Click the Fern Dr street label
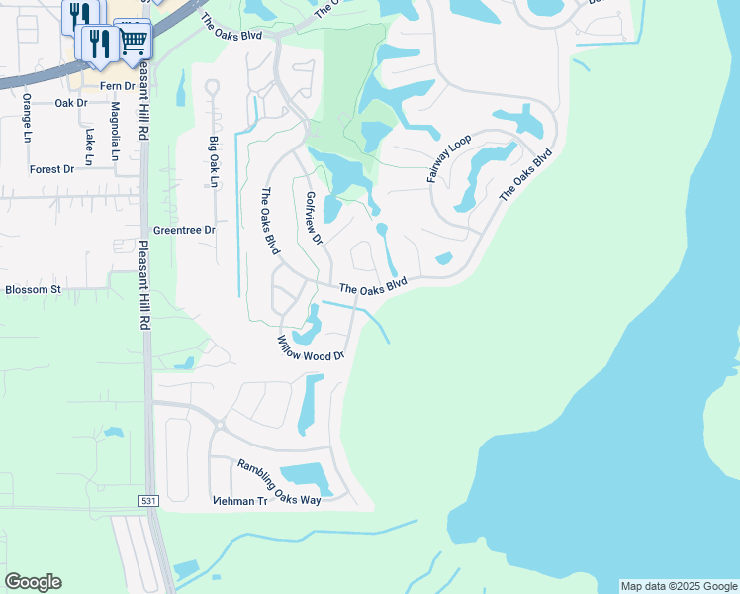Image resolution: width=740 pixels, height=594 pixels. (117, 87)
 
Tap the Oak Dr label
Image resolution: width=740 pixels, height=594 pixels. (71, 103)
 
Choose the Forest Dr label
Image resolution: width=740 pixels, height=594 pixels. (51, 169)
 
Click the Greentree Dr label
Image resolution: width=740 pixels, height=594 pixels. (184, 230)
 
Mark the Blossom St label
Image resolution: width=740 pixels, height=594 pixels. (33, 290)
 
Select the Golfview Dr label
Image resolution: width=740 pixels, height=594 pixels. (314, 218)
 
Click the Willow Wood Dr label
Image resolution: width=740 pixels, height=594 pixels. (310, 347)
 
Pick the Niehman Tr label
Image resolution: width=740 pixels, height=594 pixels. (240, 501)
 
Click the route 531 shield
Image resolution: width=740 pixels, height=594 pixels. (148, 501)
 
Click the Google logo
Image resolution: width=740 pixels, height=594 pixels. (33, 582)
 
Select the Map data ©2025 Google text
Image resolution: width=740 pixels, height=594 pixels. (678, 586)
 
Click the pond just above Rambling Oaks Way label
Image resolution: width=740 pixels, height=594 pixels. (311, 473)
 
